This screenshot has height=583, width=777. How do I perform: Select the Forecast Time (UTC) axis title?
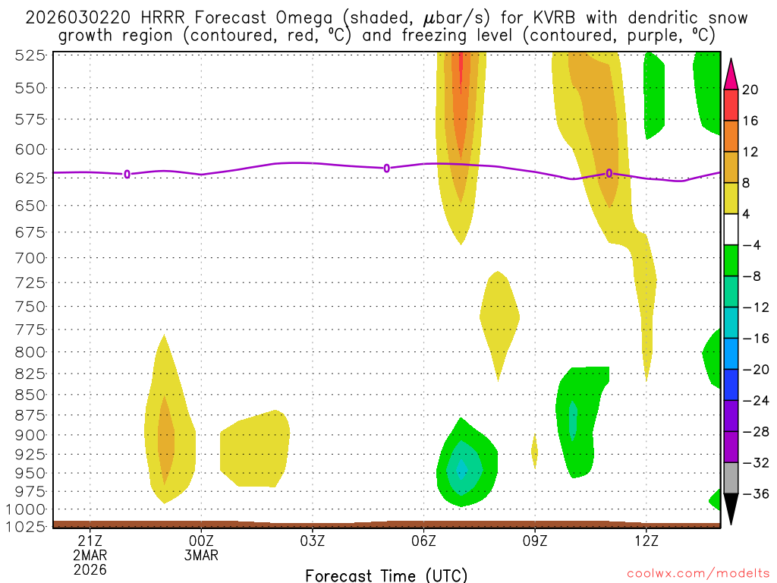tap(386, 575)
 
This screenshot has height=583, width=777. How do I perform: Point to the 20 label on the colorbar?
tap(750, 90)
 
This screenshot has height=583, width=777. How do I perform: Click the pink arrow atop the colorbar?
tap(731, 74)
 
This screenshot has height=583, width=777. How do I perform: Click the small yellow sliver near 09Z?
tap(534, 451)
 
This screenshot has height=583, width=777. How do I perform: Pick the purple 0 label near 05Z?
tap(386, 168)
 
